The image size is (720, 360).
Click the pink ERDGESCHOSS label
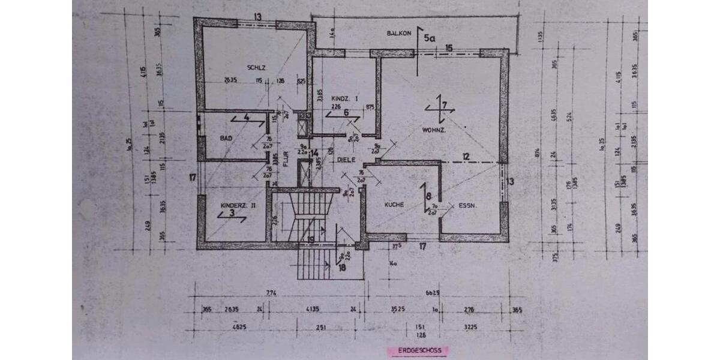[418, 350]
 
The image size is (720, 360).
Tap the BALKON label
[399, 34]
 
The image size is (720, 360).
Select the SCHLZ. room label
[256, 67]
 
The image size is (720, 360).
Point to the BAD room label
[226, 139]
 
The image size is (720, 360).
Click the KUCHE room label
[394, 205]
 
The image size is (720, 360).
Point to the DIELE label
[346, 160]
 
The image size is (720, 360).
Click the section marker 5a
[429, 38]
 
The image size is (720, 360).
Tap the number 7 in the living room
[444, 106]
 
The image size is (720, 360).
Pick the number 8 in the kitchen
[428, 195]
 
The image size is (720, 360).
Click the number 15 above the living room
[449, 47]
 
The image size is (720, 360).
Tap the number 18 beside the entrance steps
[343, 268]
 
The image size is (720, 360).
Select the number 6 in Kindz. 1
[345, 112]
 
